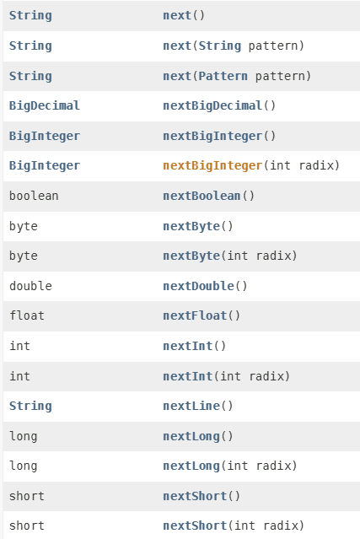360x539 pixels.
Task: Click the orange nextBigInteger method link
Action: (212, 165)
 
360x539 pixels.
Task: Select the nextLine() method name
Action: (191, 406)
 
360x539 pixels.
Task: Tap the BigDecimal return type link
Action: (45, 105)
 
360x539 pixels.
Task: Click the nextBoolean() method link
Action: (201, 196)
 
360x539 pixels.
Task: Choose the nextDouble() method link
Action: (199, 286)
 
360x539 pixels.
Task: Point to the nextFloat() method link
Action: (195, 315)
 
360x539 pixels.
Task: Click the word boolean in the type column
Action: (34, 196)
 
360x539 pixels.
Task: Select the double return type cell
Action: (30, 286)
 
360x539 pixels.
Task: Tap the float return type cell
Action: (27, 315)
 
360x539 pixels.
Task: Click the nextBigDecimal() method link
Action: (212, 105)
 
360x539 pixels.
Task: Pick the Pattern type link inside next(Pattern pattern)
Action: (223, 76)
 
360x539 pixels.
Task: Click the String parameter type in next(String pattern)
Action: (220, 46)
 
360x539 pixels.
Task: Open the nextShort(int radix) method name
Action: (195, 526)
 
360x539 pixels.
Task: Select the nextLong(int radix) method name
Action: (191, 466)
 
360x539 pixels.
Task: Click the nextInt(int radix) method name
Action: (188, 376)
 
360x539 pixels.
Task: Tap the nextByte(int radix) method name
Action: (191, 256)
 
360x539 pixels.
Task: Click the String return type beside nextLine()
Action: (30, 406)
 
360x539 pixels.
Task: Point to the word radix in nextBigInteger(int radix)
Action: (315, 165)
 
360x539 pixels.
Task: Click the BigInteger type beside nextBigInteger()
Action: (45, 136)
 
